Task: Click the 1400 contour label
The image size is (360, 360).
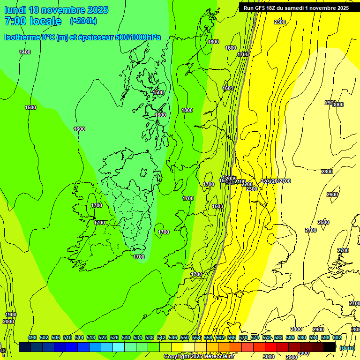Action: [x=25, y=52]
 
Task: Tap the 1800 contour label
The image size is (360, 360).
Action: [x=187, y=110]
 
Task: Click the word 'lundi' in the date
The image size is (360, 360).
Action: [x=15, y=10]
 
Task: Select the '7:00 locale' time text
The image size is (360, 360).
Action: [x=33, y=21]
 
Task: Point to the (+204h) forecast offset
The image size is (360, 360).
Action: [x=83, y=21]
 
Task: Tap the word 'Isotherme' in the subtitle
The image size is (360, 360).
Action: [x=22, y=37]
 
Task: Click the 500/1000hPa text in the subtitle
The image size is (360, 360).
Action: [x=138, y=37]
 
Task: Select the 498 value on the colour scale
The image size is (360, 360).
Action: [x=32, y=337]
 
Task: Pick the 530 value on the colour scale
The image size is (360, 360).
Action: [x=126, y=337]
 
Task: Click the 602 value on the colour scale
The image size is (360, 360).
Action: [x=337, y=337]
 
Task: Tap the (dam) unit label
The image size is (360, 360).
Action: [x=347, y=347]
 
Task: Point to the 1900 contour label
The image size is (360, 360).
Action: [x=10, y=315]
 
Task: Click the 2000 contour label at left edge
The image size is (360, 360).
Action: [x=8, y=322]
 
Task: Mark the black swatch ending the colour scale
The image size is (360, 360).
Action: [x=330, y=347]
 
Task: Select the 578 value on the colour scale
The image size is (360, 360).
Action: [x=267, y=337]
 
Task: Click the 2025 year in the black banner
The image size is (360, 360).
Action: [x=341, y=8]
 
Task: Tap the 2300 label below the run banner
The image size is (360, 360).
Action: [x=280, y=22]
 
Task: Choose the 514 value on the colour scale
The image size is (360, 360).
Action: [x=79, y=337]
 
